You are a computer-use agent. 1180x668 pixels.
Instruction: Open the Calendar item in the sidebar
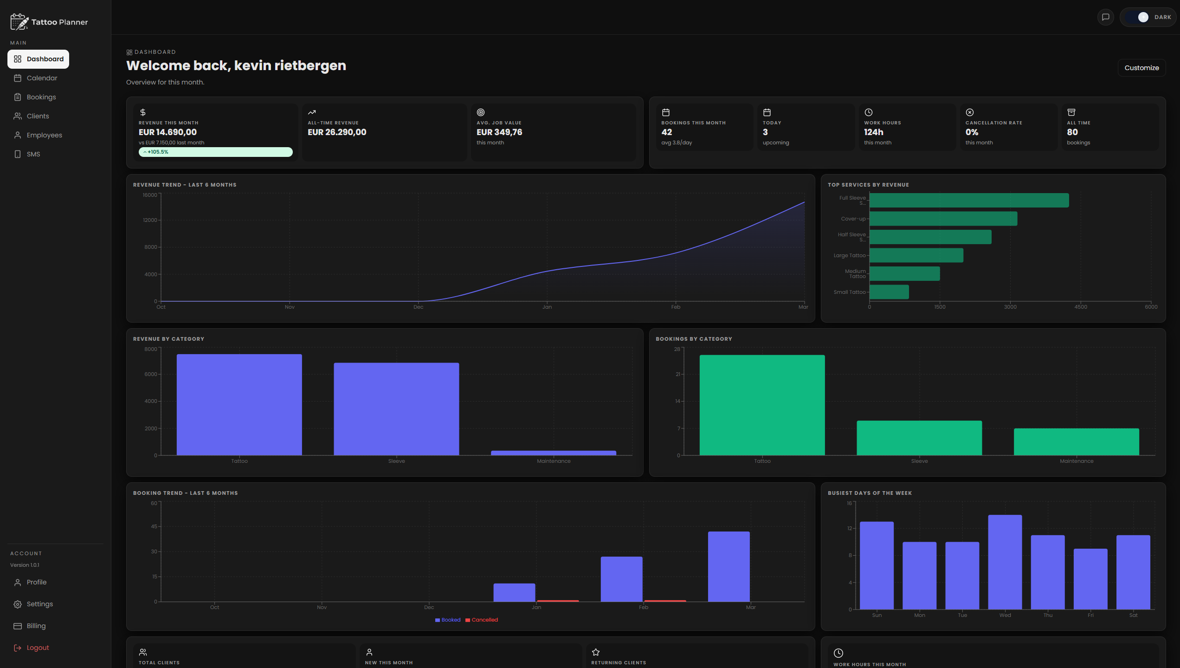click(x=42, y=78)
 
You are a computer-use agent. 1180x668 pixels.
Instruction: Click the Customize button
click(x=1141, y=68)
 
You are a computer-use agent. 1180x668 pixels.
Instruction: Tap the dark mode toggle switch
click(x=1142, y=17)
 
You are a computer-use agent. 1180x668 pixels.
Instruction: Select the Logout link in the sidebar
click(x=38, y=648)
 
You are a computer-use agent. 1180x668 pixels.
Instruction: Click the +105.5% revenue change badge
click(x=215, y=152)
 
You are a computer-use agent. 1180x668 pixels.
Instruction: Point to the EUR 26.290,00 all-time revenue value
click(x=337, y=132)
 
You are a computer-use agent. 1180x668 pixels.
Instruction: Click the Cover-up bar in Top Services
click(x=943, y=219)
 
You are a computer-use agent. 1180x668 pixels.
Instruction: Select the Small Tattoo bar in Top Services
click(x=889, y=292)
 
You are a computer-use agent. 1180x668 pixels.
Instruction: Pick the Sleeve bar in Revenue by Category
click(x=396, y=409)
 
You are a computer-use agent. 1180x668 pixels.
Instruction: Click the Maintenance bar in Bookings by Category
click(x=1076, y=441)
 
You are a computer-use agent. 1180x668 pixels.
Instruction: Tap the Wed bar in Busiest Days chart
click(x=1005, y=562)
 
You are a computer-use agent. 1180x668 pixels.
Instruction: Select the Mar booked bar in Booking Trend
click(x=729, y=566)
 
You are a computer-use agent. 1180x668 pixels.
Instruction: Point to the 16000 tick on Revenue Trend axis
click(x=150, y=195)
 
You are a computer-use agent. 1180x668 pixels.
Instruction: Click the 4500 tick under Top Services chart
click(x=1080, y=307)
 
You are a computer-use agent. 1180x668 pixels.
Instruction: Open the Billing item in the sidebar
click(x=36, y=626)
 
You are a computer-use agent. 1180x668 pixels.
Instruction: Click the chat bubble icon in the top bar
click(x=1106, y=17)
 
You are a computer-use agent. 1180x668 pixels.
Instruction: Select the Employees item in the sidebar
click(x=44, y=135)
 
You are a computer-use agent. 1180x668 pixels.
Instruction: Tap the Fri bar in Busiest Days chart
click(x=1090, y=579)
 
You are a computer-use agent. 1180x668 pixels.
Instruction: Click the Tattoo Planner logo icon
click(x=19, y=22)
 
